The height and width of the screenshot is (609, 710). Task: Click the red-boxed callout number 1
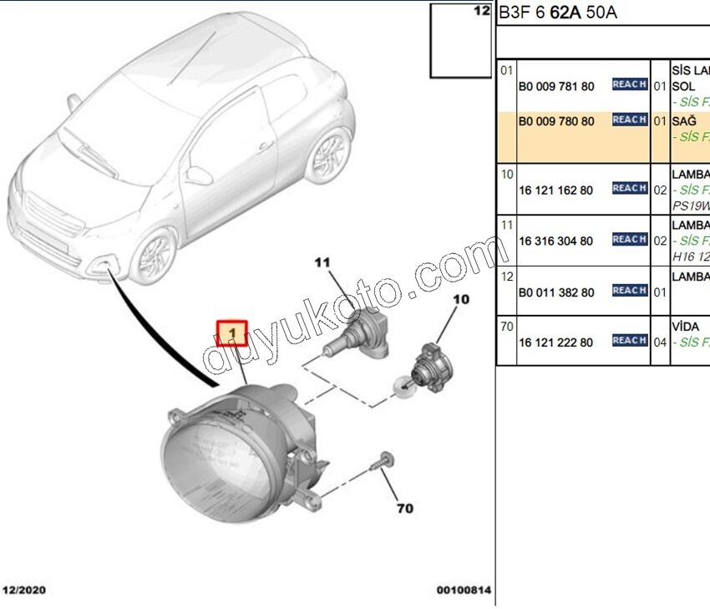tap(232, 334)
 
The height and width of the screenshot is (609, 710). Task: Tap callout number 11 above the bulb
tap(323, 262)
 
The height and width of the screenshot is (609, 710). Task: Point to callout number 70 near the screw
tap(404, 507)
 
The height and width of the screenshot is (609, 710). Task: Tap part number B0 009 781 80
tap(556, 86)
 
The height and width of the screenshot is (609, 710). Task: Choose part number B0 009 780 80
tap(556, 122)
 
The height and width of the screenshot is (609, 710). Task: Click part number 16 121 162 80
tap(556, 190)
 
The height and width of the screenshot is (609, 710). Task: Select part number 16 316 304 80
tap(556, 241)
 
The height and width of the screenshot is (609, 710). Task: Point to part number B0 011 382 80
tap(556, 292)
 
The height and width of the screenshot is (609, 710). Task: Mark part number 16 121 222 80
tap(556, 343)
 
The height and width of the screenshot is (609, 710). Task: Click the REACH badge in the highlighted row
tap(629, 120)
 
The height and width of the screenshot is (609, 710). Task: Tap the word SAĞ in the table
tap(683, 121)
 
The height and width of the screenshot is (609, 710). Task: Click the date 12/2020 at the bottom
tap(24, 591)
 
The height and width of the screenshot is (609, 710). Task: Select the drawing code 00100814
tap(464, 591)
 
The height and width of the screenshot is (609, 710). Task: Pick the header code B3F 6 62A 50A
tap(558, 13)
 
